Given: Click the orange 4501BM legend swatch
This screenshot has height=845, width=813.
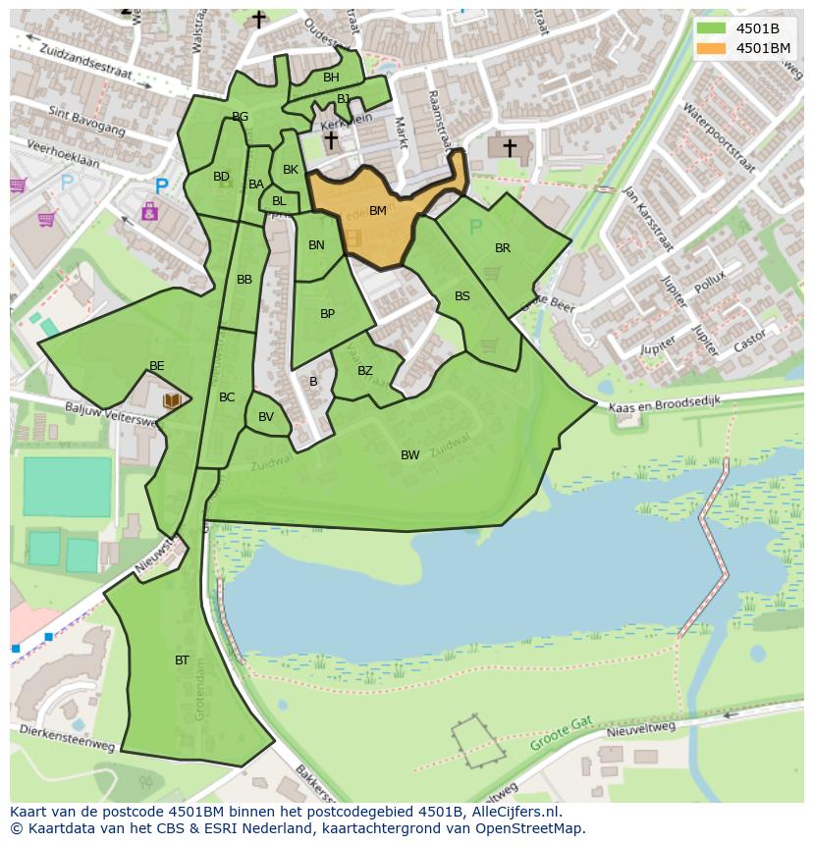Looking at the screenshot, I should click(x=710, y=48).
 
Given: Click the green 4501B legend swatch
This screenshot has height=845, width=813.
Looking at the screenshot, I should click(x=710, y=28).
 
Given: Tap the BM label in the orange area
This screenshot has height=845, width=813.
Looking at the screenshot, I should click(x=377, y=211).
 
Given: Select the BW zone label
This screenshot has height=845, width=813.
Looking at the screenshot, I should click(x=409, y=455).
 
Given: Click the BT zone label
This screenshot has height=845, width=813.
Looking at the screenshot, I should click(x=182, y=660).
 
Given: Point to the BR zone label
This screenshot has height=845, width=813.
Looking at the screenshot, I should click(x=503, y=248).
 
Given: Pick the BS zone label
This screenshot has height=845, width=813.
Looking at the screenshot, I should click(x=461, y=296).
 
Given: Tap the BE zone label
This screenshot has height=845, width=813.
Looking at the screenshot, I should click(x=156, y=366).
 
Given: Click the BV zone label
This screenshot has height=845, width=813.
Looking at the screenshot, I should click(x=266, y=417).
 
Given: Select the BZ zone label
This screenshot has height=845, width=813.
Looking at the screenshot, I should click(x=364, y=371).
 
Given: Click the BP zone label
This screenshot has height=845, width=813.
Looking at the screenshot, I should click(x=327, y=314).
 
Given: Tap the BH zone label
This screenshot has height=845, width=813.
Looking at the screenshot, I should click(x=331, y=78).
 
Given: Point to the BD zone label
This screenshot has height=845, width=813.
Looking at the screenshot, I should click(x=221, y=178).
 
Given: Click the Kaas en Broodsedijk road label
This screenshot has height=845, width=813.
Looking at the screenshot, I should click(x=665, y=403).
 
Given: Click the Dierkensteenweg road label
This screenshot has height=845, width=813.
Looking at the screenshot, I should click(x=67, y=738).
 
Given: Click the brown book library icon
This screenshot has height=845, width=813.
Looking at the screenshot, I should click(x=172, y=400).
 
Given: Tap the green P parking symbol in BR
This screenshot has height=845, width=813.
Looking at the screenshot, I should click(x=475, y=228).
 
